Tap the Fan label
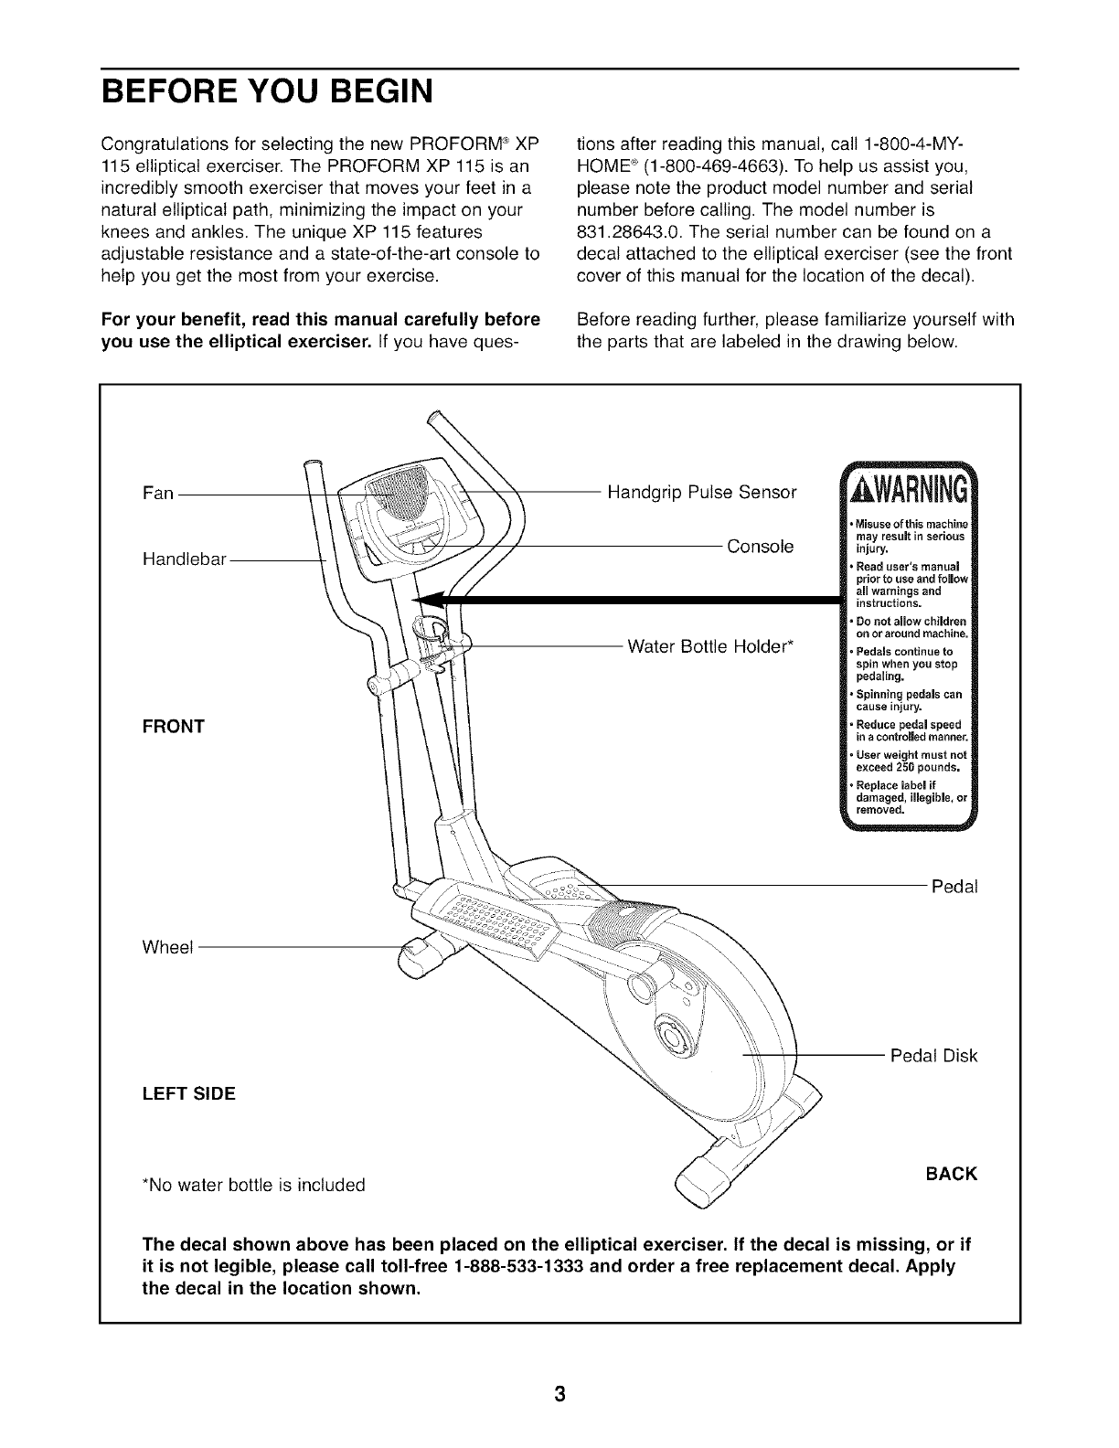pos(157,494)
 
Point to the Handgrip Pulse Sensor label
pos(701,493)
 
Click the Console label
pos(760,547)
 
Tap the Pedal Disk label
pos(933,1056)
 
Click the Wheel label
pos(168,947)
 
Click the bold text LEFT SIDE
pos(188,1093)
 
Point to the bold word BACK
pos(951,1174)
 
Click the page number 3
pos(559,1394)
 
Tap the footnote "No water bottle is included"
pos(252,1186)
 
